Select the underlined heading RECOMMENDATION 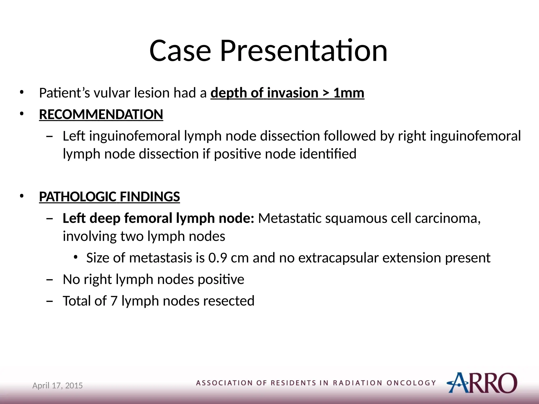coord(101,115)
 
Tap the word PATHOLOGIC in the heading coord(78,197)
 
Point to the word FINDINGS coord(150,197)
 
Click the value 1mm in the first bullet coord(349,93)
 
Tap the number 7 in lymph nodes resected coord(114,301)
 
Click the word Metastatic coord(290,219)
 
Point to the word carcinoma coord(448,219)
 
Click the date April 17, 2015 coord(57,386)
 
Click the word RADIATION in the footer coord(358,383)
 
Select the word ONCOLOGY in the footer coord(411,383)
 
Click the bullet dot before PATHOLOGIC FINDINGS coord(22,196)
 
